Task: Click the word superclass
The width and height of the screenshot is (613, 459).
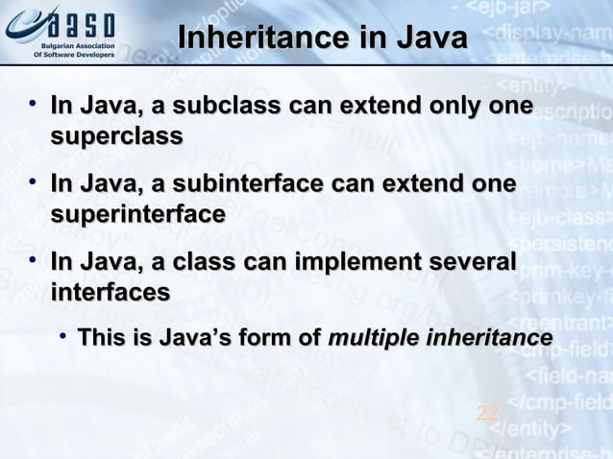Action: point(116,136)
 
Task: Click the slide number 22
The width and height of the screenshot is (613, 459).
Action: point(487,414)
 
